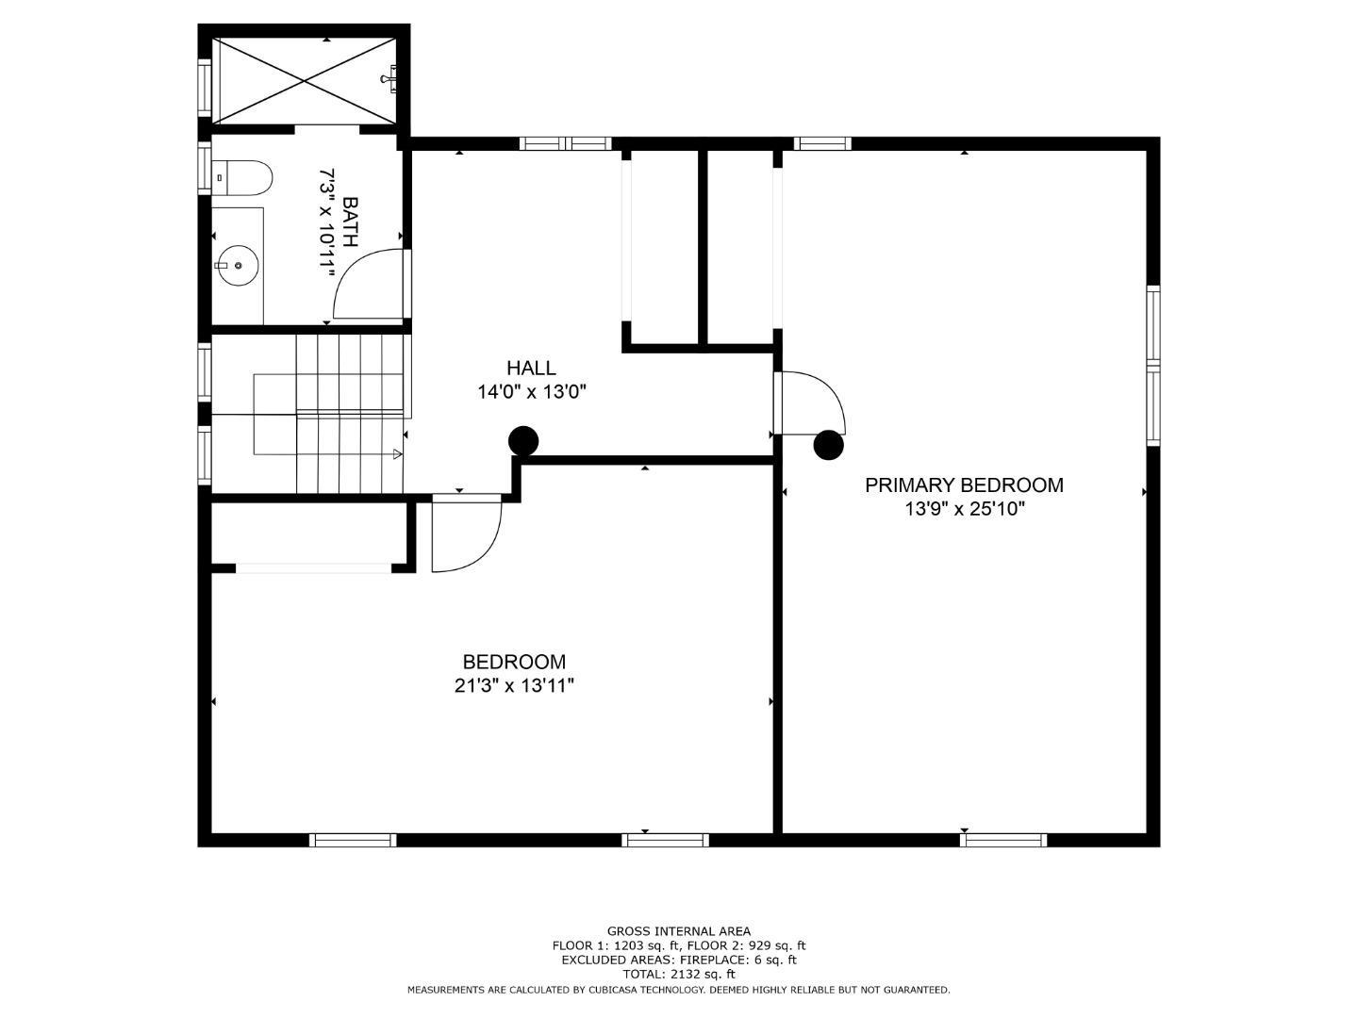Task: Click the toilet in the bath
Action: point(242,177)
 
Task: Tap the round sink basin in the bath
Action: point(239,265)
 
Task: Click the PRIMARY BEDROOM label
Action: point(963,485)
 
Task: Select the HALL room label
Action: point(531,368)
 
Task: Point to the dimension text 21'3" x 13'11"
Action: point(514,685)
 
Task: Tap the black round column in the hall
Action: point(523,441)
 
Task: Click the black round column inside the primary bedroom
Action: point(828,445)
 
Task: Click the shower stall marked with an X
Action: point(303,80)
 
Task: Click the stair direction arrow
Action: point(397,454)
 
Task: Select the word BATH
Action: point(350,222)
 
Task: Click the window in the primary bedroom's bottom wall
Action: point(1003,840)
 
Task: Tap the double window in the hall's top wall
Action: point(565,144)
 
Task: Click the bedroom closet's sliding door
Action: point(313,568)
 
